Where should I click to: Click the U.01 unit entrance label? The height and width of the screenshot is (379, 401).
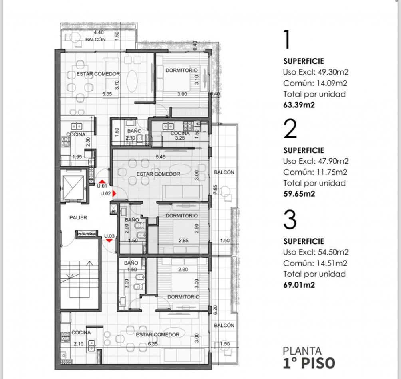[102, 186]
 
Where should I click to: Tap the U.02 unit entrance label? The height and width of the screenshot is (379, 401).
[105, 193]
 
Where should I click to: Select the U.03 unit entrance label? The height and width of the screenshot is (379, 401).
[109, 236]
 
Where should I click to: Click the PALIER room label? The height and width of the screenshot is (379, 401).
[78, 218]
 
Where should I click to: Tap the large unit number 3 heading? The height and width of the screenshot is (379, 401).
[290, 220]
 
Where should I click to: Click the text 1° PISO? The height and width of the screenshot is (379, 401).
[309, 363]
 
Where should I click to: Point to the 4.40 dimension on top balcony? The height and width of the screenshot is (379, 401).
[99, 32]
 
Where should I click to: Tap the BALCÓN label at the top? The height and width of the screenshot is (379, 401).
[95, 39]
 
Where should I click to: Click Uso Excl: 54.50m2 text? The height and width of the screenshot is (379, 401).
[316, 252]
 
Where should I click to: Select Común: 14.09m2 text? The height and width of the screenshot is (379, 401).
[315, 83]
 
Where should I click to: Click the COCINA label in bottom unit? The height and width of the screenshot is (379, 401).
[81, 332]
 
